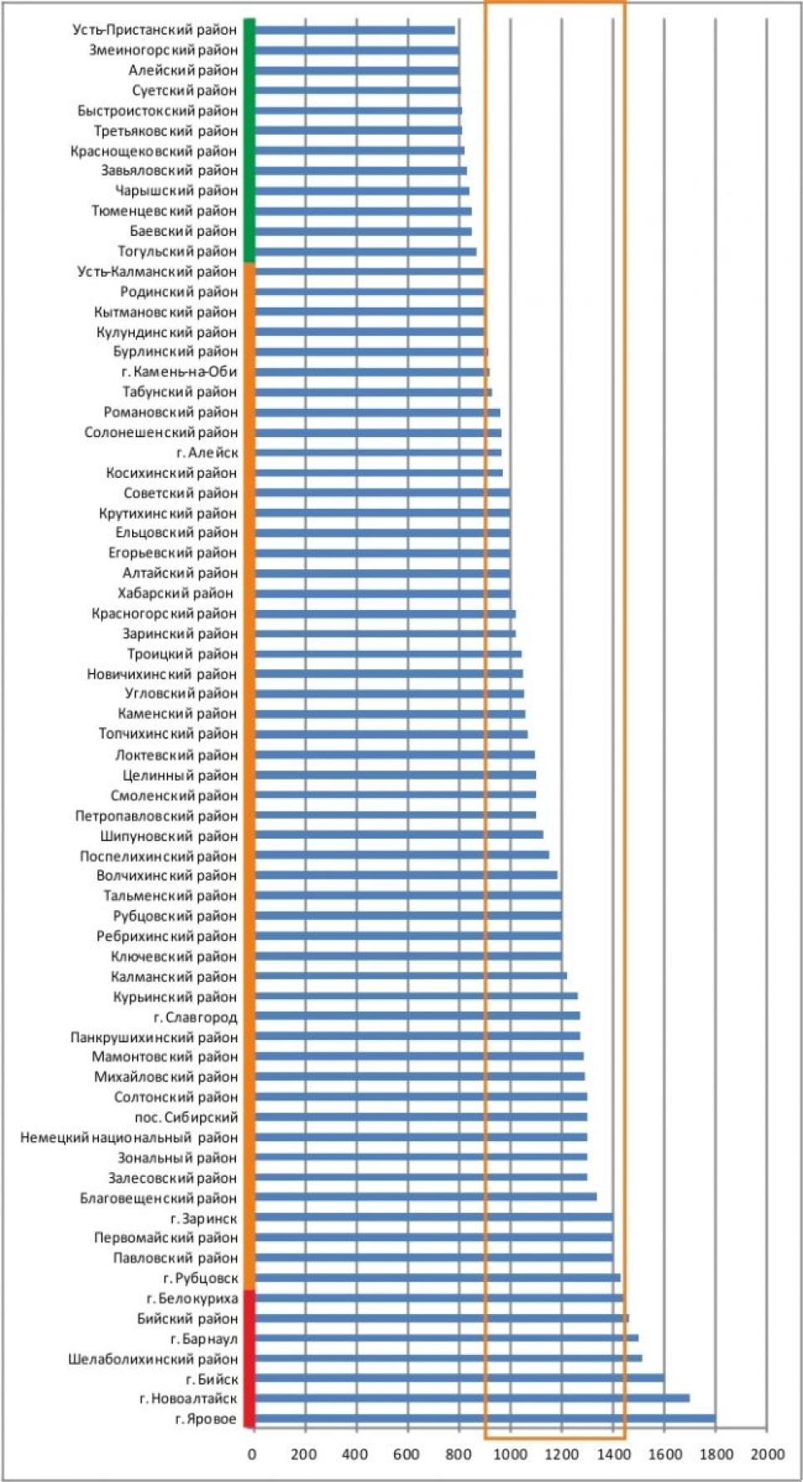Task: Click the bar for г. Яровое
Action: pyautogui.click(x=485, y=1418)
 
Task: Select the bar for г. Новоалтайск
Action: pyautogui.click(x=471, y=1398)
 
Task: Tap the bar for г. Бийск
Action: pyautogui.click(x=459, y=1378)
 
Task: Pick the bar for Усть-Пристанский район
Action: pyautogui.click(x=355, y=30)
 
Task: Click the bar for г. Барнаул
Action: pyautogui.click(x=446, y=1338)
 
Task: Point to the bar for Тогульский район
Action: pyautogui.click(x=366, y=251)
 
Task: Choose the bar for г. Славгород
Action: pyautogui.click(x=417, y=1016)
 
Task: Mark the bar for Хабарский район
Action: pyautogui.click(x=382, y=593)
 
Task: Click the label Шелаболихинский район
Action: pyautogui.click(x=153, y=1359)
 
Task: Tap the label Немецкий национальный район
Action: pyautogui.click(x=129, y=1137)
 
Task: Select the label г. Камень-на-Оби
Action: pyautogui.click(x=179, y=372)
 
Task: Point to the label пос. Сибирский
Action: pyautogui.click(x=186, y=1117)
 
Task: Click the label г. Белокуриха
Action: pyautogui.click(x=192, y=1298)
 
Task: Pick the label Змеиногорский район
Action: pyautogui.click(x=163, y=50)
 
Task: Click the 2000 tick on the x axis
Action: pyautogui.click(x=767, y=1454)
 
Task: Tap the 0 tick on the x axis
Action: pyautogui.click(x=253, y=1454)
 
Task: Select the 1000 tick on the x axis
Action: pyautogui.click(x=510, y=1454)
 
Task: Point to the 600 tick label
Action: pyautogui.click(x=407, y=1454)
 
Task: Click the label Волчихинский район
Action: pyautogui.click(x=166, y=875)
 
